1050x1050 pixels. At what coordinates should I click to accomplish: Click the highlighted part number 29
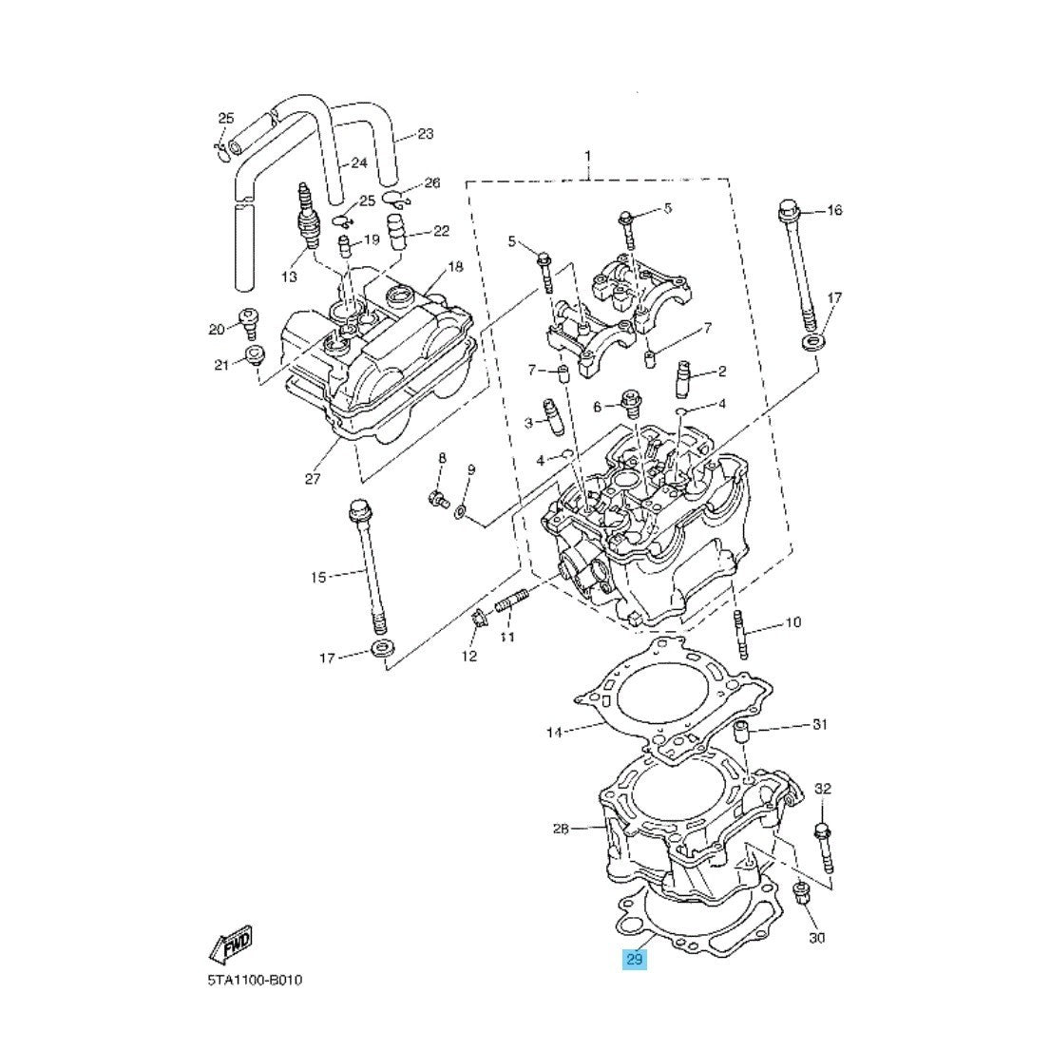coord(634,960)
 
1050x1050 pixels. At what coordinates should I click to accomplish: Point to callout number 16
coord(834,210)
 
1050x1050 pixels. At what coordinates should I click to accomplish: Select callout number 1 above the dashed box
coord(588,155)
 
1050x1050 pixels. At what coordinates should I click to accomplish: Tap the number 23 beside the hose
coord(425,134)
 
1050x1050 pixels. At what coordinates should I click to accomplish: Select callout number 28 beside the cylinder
coord(561,830)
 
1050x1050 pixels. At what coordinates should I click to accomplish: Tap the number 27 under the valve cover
coord(313,479)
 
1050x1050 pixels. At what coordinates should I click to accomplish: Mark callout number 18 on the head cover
coord(455,267)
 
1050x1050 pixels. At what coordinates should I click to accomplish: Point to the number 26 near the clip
coord(432,182)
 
